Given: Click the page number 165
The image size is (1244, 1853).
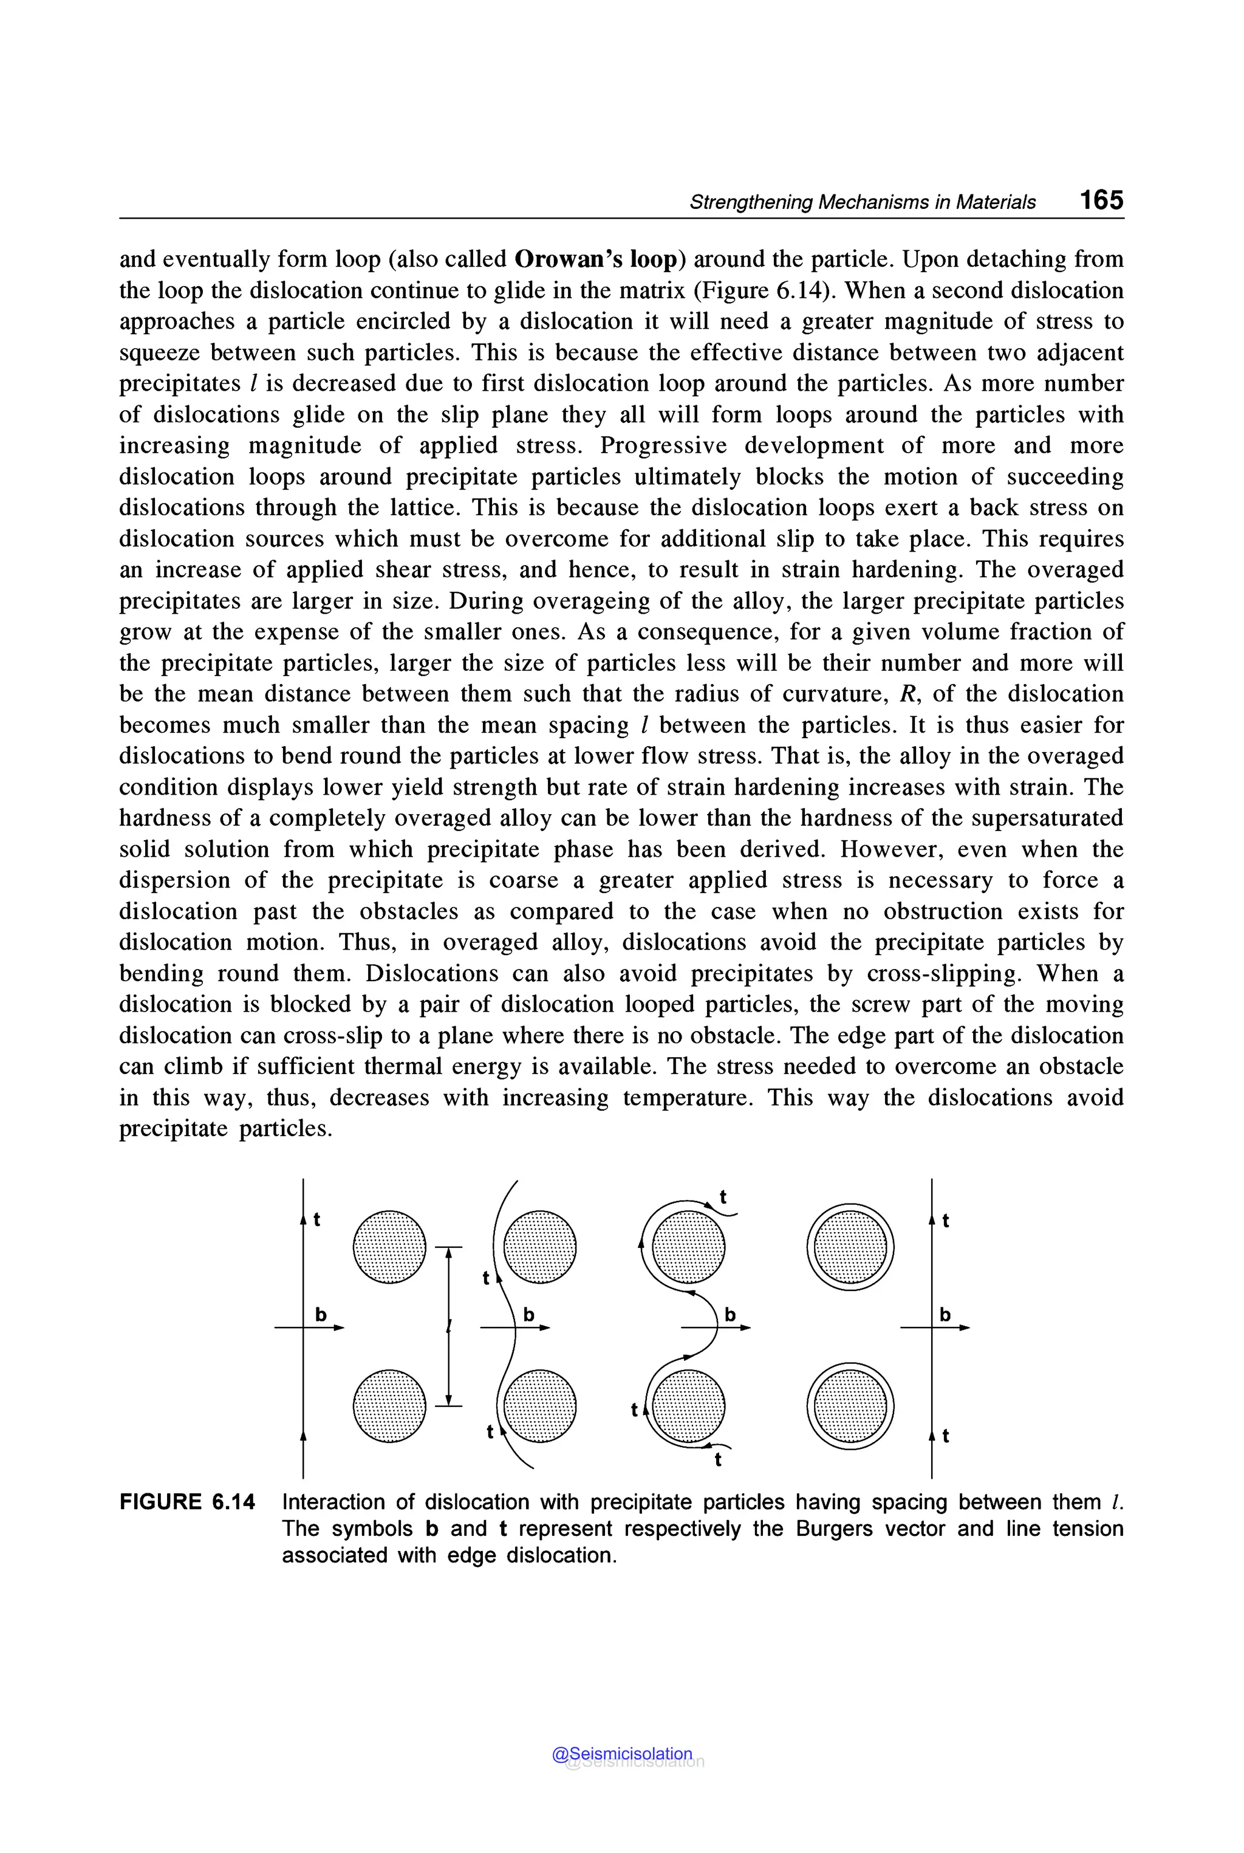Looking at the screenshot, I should coord(1101,199).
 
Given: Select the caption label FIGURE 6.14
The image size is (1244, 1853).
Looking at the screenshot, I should coord(187,1502).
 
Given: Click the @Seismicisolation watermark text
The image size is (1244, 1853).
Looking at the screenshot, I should coord(622,1754).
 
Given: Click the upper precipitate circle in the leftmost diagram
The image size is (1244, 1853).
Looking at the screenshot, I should coord(389,1246).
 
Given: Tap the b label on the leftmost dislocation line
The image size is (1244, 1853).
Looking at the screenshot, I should coord(321,1315).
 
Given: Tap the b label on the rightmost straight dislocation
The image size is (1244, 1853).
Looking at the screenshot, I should coord(945,1315).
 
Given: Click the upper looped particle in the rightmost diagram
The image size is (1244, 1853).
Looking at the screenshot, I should coord(850,1246).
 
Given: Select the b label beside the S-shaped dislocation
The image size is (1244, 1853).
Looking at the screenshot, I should coord(730,1315).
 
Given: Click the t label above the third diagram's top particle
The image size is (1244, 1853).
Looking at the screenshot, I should coord(723,1196).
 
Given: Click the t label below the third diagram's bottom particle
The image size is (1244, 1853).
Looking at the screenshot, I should coord(718,1459).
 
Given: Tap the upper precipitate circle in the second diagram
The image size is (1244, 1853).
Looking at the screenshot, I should coord(539,1246).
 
